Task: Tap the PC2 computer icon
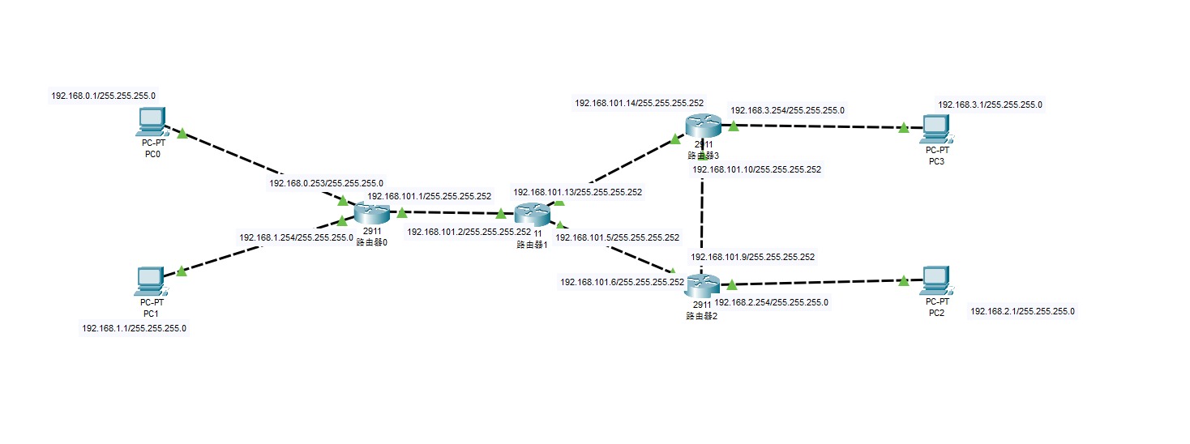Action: (x=936, y=280)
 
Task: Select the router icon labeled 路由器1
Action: (x=532, y=214)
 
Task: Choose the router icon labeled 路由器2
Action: (x=702, y=285)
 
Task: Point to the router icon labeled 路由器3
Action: (x=702, y=125)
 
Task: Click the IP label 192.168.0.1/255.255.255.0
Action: (x=103, y=96)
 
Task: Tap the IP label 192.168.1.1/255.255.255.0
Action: (x=134, y=329)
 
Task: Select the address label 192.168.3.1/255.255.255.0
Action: (x=990, y=105)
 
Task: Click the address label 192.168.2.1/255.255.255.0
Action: (x=1022, y=311)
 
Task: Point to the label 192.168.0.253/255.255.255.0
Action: (x=326, y=183)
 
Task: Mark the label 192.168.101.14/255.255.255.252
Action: (x=639, y=103)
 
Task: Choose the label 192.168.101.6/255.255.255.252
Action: (x=623, y=282)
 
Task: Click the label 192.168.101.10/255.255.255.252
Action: (x=756, y=170)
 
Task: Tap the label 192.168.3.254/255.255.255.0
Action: (x=787, y=110)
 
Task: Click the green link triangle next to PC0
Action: (x=182, y=133)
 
